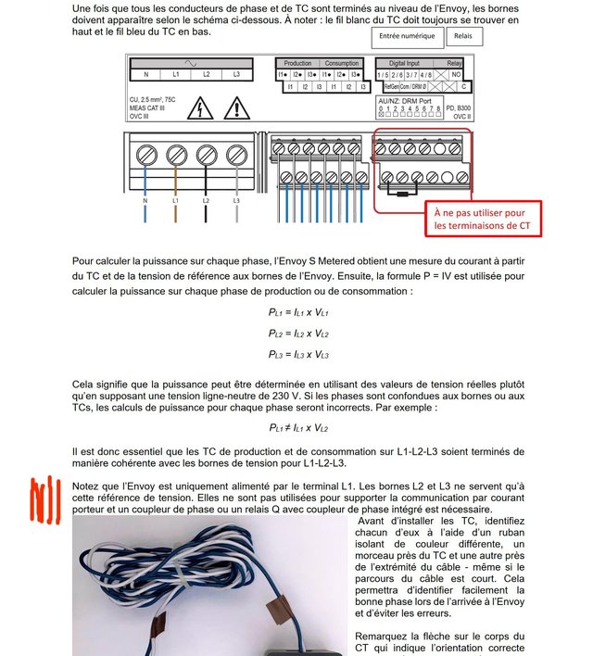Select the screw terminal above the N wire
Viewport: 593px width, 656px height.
coord(145,155)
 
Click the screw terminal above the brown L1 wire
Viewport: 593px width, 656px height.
coord(176,155)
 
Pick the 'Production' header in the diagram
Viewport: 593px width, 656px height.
coord(297,63)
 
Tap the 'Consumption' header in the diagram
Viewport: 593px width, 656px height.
coord(342,63)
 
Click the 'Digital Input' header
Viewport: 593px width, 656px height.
coord(404,63)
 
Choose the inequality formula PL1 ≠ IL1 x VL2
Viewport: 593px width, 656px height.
coord(297,428)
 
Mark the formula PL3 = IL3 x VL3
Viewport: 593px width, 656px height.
coord(297,355)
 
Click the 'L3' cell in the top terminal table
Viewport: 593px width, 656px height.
coord(236,74)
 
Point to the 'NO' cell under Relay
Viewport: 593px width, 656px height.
coord(455,74)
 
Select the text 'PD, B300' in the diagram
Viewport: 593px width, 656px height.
coord(458,109)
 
